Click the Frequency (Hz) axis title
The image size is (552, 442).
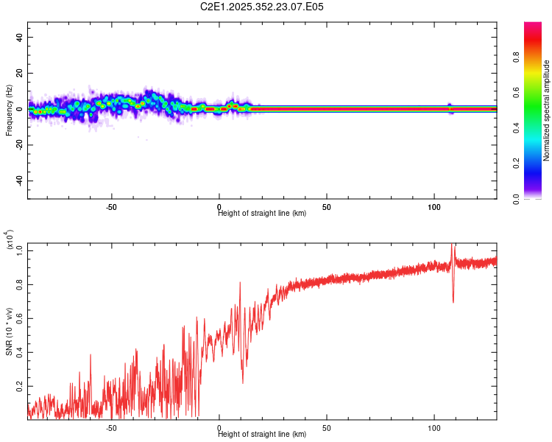click(x=10, y=110)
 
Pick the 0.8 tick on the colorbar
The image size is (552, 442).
click(x=533, y=57)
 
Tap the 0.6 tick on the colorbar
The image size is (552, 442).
click(x=533, y=93)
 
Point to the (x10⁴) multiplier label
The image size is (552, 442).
click(x=10, y=240)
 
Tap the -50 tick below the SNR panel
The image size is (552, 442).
click(x=112, y=427)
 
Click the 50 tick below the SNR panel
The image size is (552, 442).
click(x=326, y=427)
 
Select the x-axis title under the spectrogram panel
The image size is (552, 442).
click(x=262, y=214)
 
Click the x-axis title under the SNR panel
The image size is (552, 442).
click(x=262, y=435)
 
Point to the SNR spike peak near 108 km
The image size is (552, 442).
click(x=453, y=246)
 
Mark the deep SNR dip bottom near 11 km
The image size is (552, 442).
click(x=243, y=382)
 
